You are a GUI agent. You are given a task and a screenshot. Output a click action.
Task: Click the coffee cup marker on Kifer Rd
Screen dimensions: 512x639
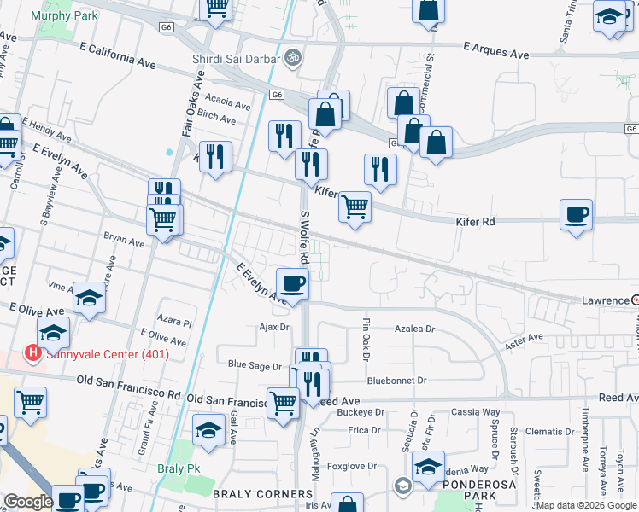click(x=577, y=214)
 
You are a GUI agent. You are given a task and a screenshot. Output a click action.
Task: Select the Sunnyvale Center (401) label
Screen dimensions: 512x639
click(x=108, y=354)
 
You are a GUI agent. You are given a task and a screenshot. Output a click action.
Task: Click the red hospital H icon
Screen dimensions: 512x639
click(x=32, y=352)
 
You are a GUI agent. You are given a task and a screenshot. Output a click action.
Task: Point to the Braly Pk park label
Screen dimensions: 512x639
click(x=178, y=468)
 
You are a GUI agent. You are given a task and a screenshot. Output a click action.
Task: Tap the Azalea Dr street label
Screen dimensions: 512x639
click(x=414, y=328)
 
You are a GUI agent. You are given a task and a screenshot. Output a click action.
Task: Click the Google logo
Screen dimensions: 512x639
click(x=28, y=503)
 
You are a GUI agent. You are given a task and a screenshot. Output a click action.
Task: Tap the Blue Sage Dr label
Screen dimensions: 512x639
click(x=255, y=365)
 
